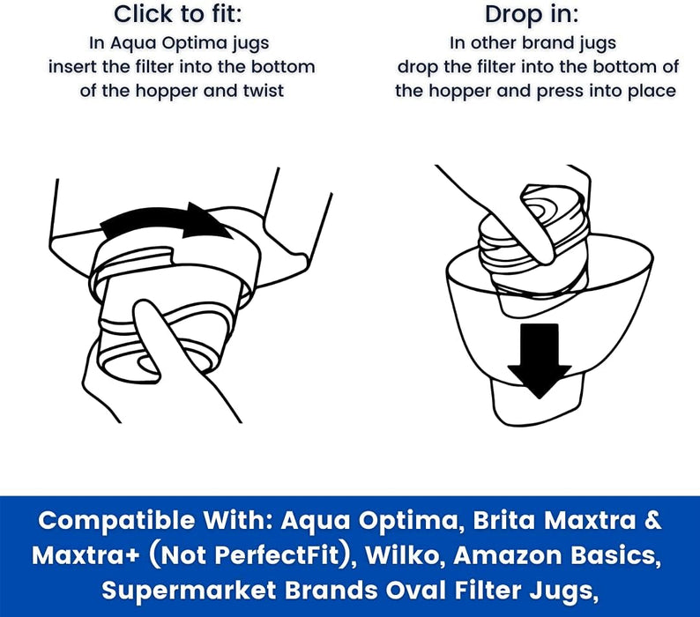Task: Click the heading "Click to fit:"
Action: [x=178, y=14]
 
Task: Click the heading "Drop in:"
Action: [x=532, y=14]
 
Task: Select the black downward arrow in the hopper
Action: [x=540, y=361]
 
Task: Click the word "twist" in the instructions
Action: [x=264, y=91]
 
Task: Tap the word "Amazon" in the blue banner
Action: [x=508, y=555]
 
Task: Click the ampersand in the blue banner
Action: [x=653, y=521]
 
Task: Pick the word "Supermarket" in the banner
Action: [x=189, y=591]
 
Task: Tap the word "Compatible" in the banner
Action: [x=116, y=521]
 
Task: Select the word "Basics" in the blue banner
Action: [x=616, y=556]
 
